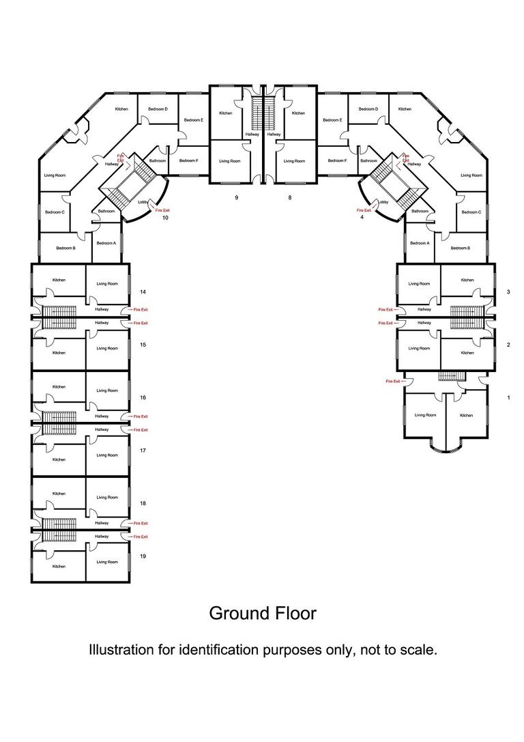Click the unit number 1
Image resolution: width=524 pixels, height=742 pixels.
508,397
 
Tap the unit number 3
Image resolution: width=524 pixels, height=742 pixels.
508,291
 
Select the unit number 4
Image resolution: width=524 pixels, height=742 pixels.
362,218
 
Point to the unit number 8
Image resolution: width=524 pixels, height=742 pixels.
289,197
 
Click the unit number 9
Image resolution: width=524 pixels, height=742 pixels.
236,197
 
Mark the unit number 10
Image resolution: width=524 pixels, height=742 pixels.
165,218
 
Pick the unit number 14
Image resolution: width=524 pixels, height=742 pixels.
143,291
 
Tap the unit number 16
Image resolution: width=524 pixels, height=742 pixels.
143,397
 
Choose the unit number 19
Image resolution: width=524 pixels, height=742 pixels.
143,556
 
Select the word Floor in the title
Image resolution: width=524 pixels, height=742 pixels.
295,613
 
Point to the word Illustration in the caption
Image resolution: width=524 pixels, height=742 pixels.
121,649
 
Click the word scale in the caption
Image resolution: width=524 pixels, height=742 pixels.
417,649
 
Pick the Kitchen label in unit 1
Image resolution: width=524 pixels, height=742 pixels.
466,415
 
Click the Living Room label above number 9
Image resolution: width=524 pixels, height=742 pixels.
230,161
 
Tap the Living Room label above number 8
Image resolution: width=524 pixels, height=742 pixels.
294,161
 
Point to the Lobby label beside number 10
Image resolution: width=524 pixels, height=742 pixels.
143,202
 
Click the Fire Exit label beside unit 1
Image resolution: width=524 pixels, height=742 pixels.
393,381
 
